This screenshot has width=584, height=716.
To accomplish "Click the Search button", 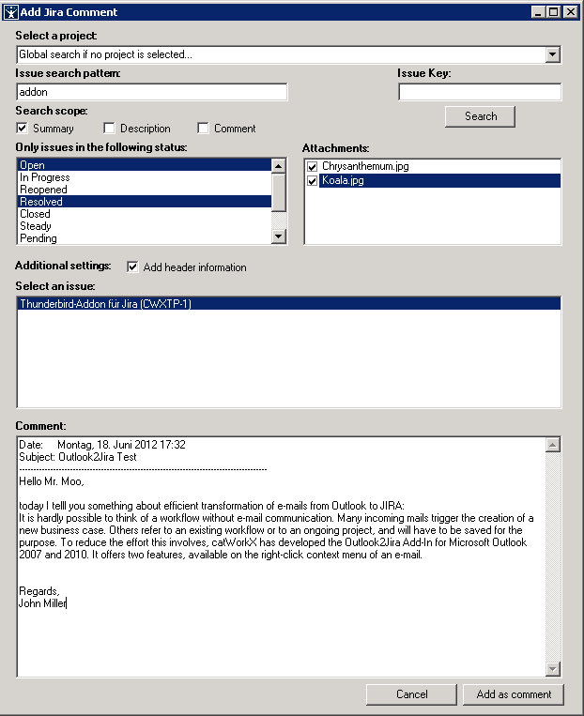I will click(x=480, y=116).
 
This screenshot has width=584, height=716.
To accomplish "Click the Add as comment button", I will click(x=513, y=694).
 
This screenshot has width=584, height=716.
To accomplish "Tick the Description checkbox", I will click(x=109, y=129).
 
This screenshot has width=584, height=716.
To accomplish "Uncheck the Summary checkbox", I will click(x=22, y=129).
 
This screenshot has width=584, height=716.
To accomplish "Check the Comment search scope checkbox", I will click(x=203, y=129).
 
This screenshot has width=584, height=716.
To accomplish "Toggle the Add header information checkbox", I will click(x=132, y=267).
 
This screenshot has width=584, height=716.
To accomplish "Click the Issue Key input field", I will click(x=480, y=92).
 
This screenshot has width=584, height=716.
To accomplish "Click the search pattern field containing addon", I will click(x=152, y=92).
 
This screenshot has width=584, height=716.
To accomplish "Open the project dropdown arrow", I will click(x=553, y=54).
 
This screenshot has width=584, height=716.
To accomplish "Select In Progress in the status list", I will click(x=45, y=177).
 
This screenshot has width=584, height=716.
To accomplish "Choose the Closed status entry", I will click(x=36, y=214).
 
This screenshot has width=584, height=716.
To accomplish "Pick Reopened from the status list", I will click(x=43, y=190).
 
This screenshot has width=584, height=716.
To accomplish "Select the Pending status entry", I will click(x=38, y=238).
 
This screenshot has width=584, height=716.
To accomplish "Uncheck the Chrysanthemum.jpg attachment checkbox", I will click(x=313, y=167).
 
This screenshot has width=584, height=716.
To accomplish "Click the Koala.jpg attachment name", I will click(x=343, y=181).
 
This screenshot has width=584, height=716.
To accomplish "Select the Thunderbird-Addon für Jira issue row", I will click(x=105, y=304).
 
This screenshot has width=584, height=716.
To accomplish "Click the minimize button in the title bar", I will click(x=538, y=12).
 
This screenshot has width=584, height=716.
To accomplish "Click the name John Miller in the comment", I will click(x=42, y=602).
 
